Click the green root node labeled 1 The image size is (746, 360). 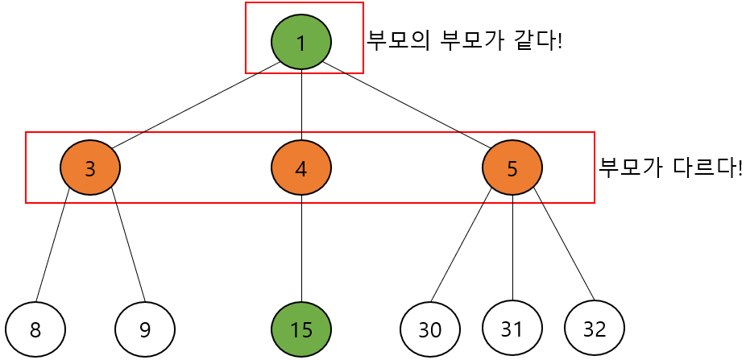pos(301,42)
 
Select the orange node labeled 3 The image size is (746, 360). pos(90,168)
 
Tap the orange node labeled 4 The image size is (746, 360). pos(301,168)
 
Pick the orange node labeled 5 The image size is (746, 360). pos(512,168)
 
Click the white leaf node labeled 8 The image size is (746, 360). pos(35,329)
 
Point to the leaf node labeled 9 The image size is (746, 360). pos(145,329)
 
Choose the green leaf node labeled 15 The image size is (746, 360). pos(301,329)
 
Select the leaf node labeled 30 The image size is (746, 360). pos(430,329)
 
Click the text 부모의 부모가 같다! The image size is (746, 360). pos(464,40)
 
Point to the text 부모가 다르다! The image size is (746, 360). pos(670,168)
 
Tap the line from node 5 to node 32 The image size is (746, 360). pos(563,242)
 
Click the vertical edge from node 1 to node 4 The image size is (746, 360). pos(301,105)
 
